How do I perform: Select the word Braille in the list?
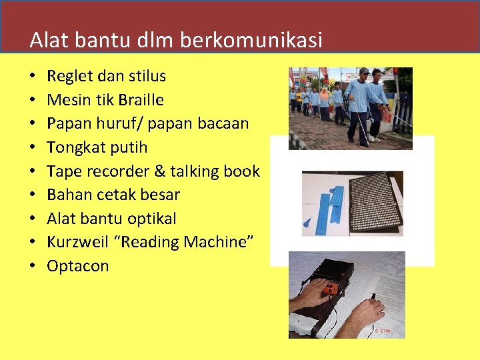point(141,100)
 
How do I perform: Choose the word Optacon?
point(77,266)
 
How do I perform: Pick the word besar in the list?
point(161,195)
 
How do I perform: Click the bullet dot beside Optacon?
point(33,267)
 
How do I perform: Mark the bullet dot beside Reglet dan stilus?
point(33,77)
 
